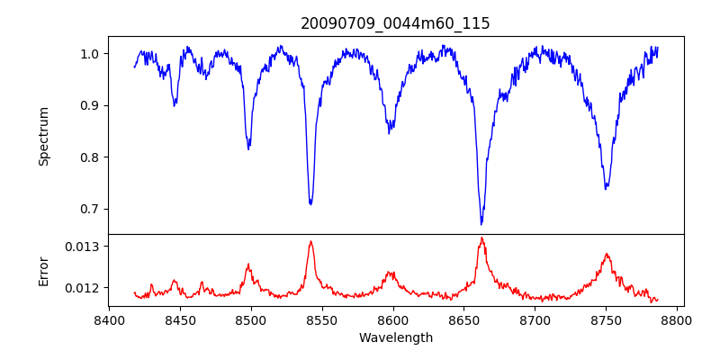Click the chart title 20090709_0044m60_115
[396, 23]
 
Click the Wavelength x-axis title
[396, 338]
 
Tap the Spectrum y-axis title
[43, 136]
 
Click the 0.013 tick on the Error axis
[83, 246]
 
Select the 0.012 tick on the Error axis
[83, 288]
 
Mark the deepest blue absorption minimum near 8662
[481, 223]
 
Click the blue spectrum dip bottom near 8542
[310, 204]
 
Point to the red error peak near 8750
[607, 254]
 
